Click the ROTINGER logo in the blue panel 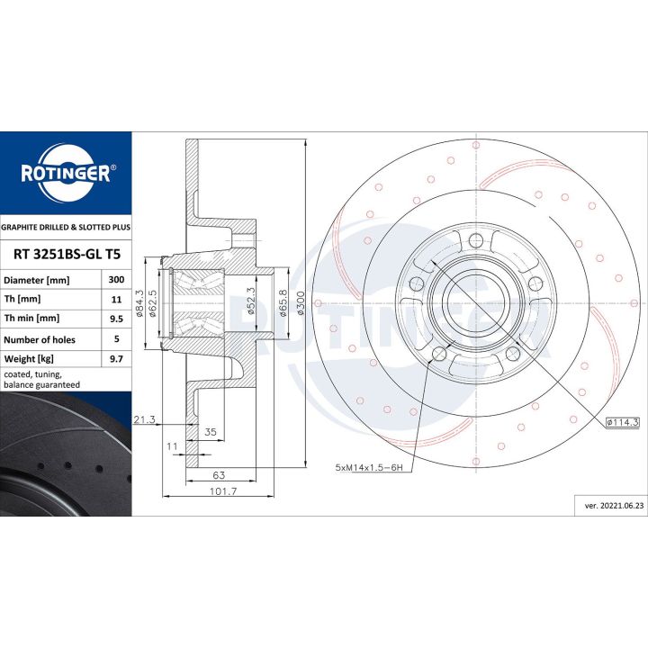tap(66, 173)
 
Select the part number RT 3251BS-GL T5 tap(67, 254)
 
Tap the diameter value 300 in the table tap(116, 280)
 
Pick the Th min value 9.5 tap(116, 319)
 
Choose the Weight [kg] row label tap(29, 359)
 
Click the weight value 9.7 tap(116, 359)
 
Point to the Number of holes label tap(40, 339)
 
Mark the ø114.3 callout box tap(623, 422)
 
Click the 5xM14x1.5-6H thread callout tap(369, 468)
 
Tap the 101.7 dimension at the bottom tap(223, 491)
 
